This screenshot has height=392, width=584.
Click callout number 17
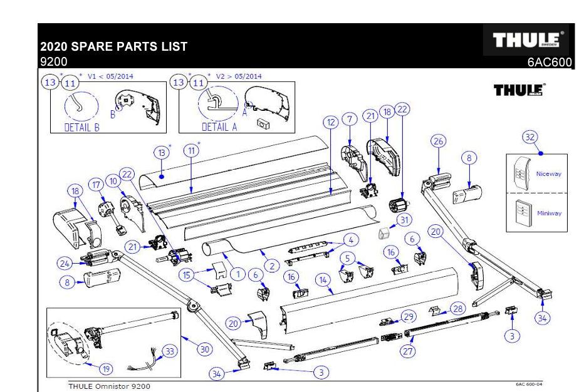coord(96,185)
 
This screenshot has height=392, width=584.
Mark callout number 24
coord(64,264)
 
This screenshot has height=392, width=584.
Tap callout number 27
coord(408,351)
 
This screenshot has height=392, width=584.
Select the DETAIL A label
coord(219,126)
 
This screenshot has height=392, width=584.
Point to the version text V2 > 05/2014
coord(238,76)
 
